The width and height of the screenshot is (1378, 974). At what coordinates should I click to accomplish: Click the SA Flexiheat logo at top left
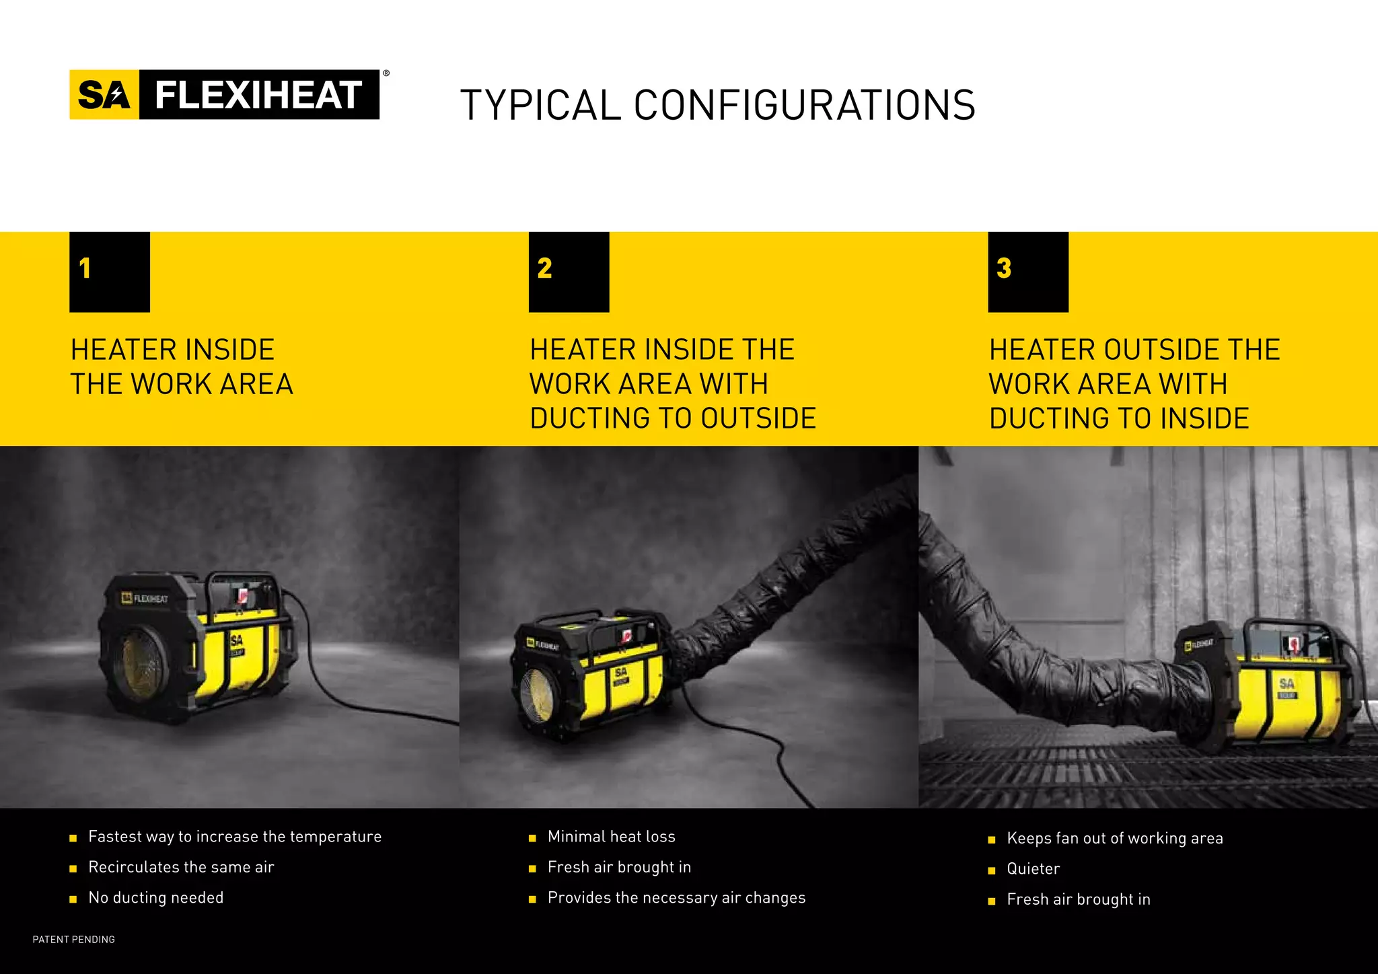click(x=224, y=95)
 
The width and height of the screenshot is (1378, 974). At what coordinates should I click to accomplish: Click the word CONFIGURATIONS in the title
click(x=804, y=106)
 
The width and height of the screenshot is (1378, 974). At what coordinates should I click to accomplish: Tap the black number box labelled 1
click(x=110, y=272)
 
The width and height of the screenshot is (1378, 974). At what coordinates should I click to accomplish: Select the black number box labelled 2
click(x=569, y=272)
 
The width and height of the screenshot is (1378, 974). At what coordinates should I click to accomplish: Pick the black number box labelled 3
click(x=1027, y=272)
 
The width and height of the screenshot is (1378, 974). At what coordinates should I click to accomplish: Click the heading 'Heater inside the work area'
click(x=182, y=367)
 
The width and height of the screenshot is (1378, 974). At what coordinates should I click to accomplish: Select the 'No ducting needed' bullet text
click(x=155, y=898)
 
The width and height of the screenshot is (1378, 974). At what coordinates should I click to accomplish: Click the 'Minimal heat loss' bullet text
click(x=611, y=837)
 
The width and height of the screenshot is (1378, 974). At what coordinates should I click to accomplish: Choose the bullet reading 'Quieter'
click(x=1033, y=869)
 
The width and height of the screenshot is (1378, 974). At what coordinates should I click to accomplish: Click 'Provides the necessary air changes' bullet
click(x=676, y=898)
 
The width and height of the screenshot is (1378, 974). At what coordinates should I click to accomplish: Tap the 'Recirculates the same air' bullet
click(x=181, y=867)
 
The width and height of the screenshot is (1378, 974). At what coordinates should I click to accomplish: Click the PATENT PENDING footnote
click(x=74, y=940)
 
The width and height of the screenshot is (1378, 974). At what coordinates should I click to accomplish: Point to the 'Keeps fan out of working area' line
click(x=1114, y=838)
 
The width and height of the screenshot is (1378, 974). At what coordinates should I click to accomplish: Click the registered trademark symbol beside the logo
click(x=386, y=73)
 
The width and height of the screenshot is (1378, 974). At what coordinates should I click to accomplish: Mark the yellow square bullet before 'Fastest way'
click(x=73, y=838)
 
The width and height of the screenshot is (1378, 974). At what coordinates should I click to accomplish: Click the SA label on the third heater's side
click(x=1286, y=684)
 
